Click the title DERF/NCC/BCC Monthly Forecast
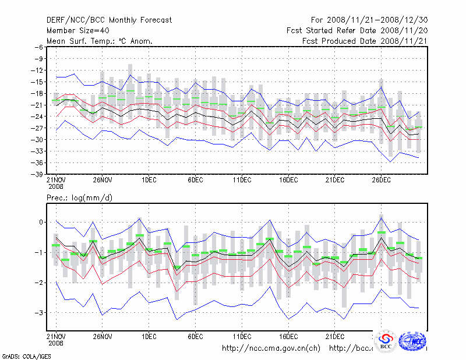pos(110,20)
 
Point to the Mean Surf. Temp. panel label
pos(100,41)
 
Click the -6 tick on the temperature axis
pos(38,47)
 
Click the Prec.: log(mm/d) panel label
pos(79,198)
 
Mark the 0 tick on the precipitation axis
pos(41,222)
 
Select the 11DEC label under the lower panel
pos(242,336)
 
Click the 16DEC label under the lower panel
pos(288,336)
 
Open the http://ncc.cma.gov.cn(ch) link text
pos(271,348)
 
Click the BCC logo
pos(386,342)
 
